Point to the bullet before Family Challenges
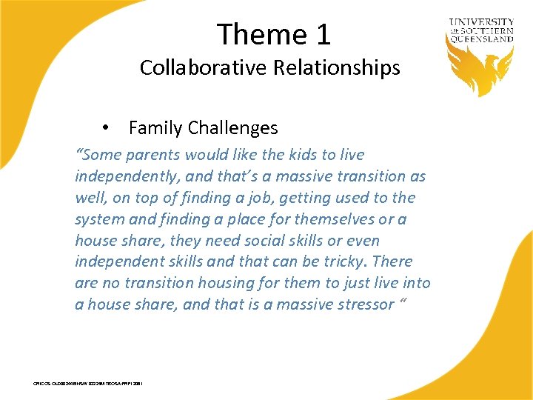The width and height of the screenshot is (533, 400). point(108,127)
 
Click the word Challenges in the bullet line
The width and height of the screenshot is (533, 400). point(232,128)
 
